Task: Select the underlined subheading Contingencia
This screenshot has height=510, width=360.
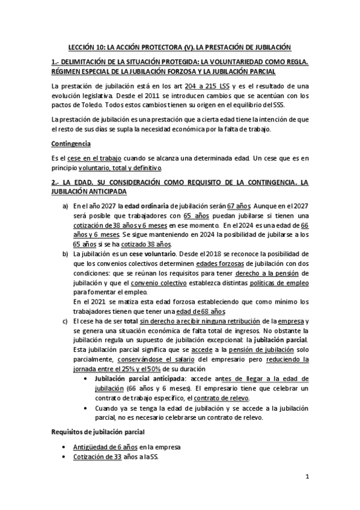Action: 71,144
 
